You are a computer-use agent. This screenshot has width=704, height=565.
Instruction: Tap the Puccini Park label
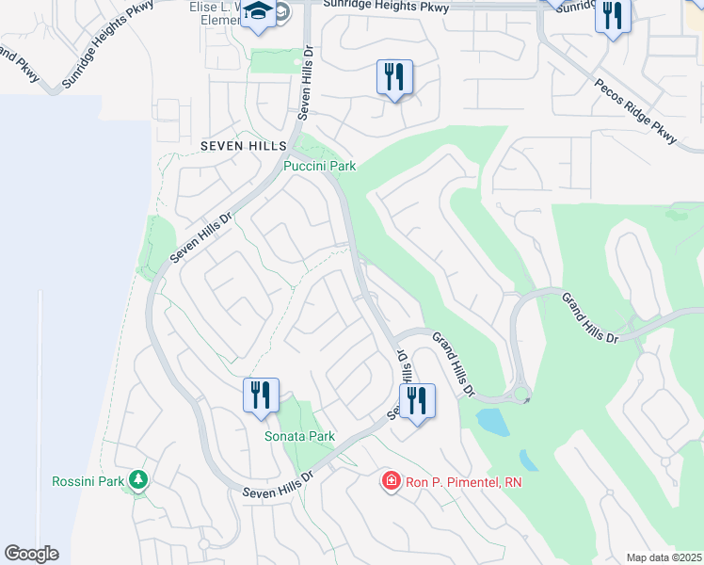320,166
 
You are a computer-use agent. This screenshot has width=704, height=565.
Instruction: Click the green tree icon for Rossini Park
139,480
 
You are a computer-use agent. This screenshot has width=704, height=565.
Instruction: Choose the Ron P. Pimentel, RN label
463,482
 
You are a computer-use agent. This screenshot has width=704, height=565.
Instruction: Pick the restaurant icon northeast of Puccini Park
394,77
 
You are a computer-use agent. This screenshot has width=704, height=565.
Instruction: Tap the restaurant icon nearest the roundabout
416,401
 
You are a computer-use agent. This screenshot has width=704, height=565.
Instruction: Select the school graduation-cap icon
257,14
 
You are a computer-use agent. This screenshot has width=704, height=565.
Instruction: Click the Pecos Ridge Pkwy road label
635,112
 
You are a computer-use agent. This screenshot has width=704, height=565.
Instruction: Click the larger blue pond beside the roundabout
492,422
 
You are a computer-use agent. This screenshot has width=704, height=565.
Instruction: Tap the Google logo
31,554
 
